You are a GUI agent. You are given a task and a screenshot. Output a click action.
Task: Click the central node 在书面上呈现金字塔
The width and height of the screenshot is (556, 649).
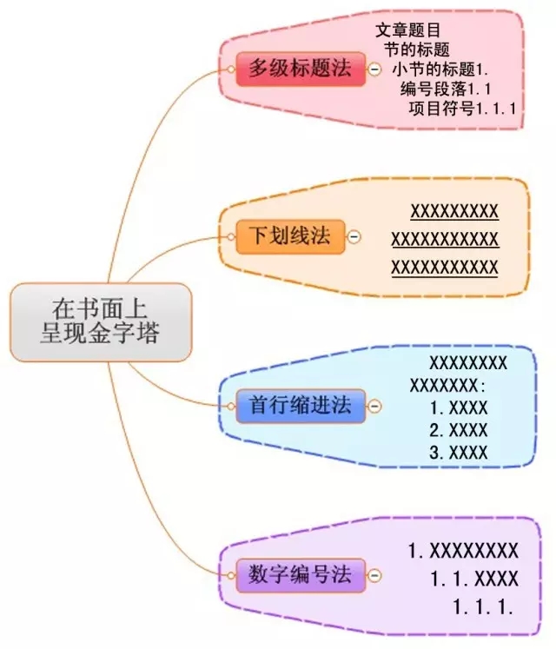tap(100, 321)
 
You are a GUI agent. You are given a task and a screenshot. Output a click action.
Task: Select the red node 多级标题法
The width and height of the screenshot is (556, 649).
tap(300, 69)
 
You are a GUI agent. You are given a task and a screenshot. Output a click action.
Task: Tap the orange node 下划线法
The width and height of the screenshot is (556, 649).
tap(290, 236)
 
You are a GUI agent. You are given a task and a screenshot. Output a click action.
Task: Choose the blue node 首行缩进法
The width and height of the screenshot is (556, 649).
tap(301, 405)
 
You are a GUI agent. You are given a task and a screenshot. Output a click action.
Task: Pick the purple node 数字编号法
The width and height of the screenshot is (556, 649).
tap(300, 573)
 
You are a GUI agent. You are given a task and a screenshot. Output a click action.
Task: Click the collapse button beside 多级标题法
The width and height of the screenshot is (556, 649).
tap(374, 70)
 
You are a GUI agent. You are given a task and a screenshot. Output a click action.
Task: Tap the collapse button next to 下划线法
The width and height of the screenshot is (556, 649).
tap(354, 236)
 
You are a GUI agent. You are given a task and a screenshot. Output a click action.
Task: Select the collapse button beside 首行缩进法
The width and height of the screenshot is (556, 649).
tap(374, 406)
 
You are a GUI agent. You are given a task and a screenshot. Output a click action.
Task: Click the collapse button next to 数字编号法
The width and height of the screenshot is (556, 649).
tap(374, 574)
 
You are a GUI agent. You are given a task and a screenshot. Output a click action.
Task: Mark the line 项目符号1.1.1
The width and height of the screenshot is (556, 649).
tap(462, 109)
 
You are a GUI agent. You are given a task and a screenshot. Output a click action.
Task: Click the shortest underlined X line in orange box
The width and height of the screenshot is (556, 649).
tap(454, 211)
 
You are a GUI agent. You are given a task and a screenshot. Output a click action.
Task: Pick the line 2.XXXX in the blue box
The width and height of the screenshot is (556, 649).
tap(459, 430)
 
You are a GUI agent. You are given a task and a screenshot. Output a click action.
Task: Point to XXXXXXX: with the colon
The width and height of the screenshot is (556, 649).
tap(448, 385)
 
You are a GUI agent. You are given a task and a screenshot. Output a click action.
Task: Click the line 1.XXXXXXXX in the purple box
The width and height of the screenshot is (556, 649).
tap(463, 550)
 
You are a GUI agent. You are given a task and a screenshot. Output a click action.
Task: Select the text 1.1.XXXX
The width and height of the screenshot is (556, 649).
tap(473, 578)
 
